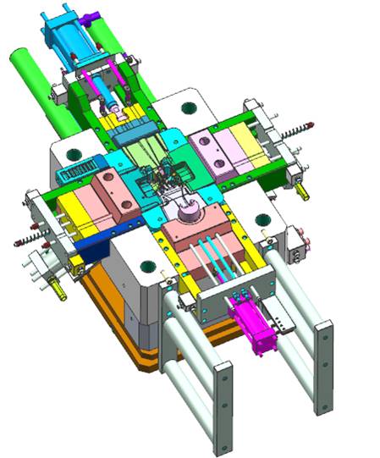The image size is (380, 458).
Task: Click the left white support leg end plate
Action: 223,407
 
